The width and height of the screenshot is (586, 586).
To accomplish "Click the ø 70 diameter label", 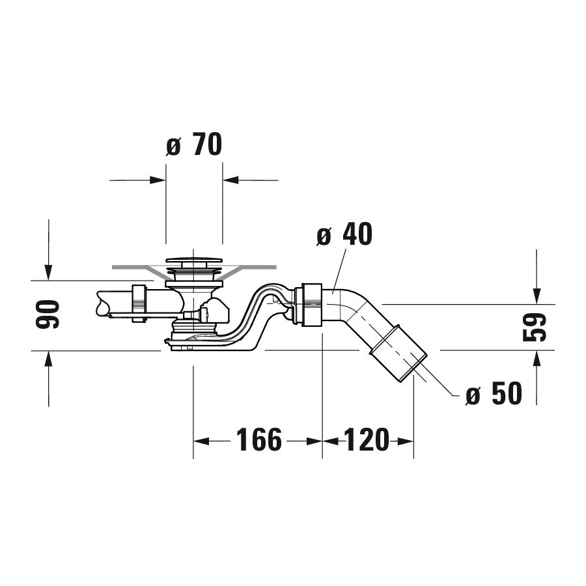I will (194, 145).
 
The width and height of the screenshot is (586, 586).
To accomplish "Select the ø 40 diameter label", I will (344, 235).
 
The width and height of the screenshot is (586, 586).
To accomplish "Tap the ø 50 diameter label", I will (494, 394).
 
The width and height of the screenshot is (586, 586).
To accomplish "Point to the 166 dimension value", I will (258, 441).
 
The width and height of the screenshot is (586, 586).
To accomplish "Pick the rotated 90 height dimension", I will (49, 314).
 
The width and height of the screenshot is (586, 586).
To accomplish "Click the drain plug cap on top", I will (194, 262).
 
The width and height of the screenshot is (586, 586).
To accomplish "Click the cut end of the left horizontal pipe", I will (102, 304).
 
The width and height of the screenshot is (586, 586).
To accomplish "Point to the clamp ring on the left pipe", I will (138, 303).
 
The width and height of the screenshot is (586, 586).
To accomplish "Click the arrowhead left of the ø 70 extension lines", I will (158, 180).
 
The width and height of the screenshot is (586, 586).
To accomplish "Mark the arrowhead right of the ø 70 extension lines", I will (231, 180).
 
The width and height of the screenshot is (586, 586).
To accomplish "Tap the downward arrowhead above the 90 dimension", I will (49, 273).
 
